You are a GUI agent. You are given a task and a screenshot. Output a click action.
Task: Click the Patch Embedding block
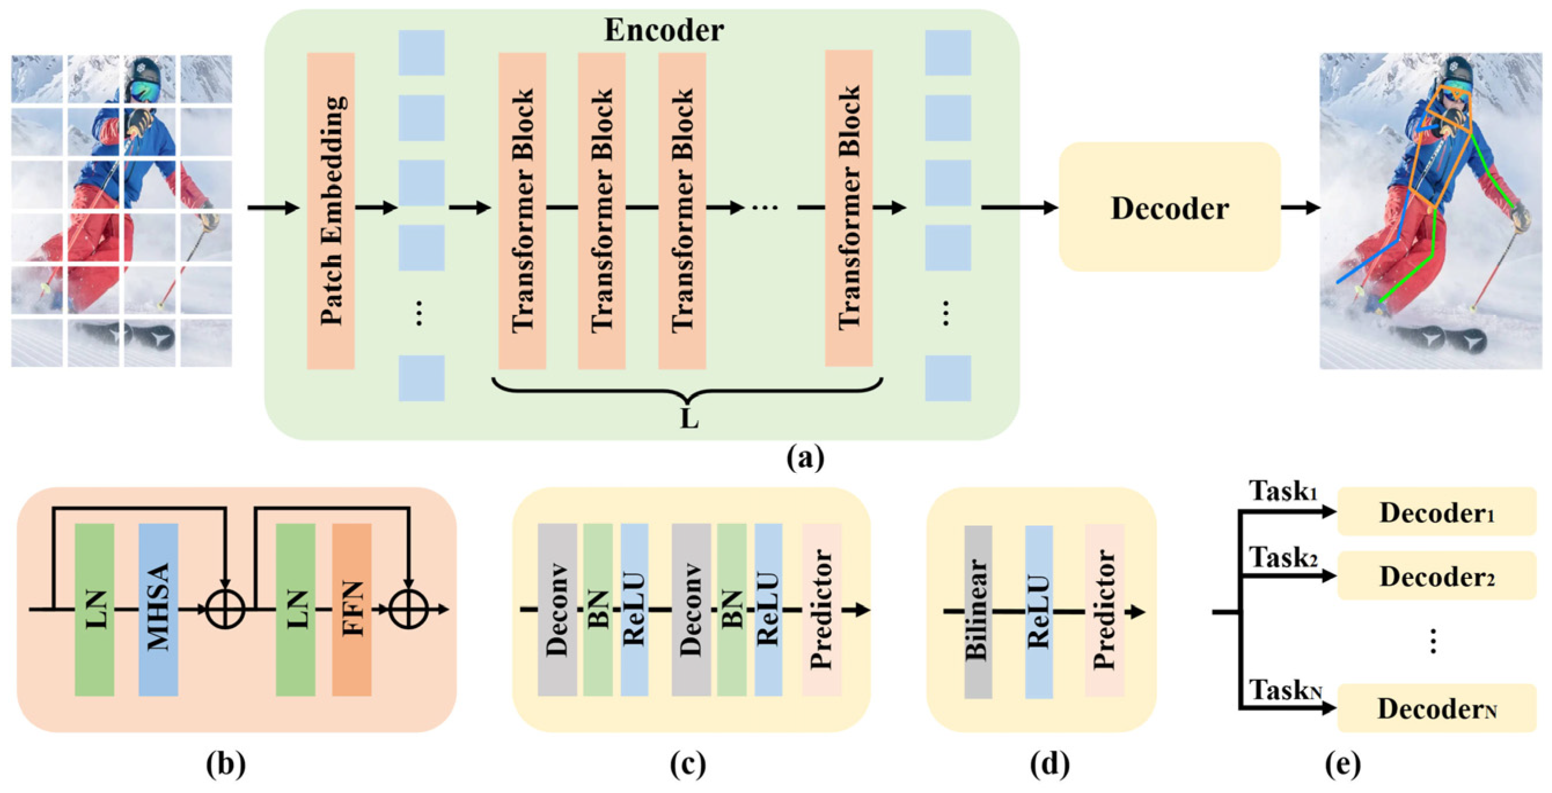(x=330, y=210)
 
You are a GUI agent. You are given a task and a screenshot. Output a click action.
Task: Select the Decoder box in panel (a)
(x=1169, y=207)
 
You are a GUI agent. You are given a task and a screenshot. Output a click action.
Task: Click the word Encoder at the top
(x=663, y=30)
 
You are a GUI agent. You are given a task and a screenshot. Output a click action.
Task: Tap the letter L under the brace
(x=689, y=419)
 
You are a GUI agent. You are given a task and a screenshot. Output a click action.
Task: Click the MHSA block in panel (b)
(x=158, y=608)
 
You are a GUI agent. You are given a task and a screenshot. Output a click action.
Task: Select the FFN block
(x=351, y=608)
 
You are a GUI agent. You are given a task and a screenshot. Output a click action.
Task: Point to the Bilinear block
(x=977, y=611)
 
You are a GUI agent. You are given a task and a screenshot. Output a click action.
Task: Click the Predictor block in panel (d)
(x=1104, y=610)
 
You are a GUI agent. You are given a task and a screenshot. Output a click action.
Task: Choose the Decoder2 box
(x=1436, y=576)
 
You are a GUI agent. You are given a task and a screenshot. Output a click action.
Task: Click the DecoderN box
(x=1436, y=708)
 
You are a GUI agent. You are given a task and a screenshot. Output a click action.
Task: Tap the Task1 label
(x=1282, y=491)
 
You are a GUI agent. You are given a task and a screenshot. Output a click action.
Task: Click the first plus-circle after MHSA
(x=225, y=608)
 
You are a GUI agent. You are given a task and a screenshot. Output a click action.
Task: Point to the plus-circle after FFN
(x=408, y=608)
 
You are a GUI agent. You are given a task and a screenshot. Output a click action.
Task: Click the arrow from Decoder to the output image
(x=1300, y=208)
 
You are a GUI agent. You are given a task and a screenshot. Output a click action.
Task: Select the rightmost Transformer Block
(x=848, y=208)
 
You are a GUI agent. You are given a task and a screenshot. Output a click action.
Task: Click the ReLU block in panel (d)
(x=1039, y=611)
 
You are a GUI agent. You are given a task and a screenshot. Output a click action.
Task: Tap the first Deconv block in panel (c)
(x=557, y=608)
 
